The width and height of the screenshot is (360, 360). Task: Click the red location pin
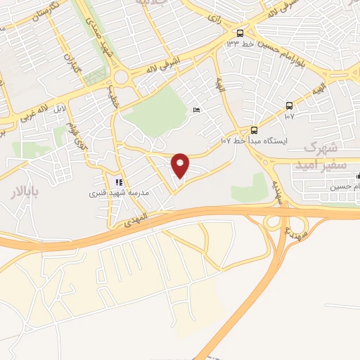coord(181,165)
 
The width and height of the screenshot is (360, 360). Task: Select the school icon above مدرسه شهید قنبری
coord(119,182)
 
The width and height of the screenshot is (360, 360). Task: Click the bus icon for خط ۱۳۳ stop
coord(240,33)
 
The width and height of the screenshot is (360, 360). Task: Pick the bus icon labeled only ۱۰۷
coord(289,105)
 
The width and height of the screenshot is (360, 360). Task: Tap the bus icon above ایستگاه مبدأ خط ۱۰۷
coord(254,130)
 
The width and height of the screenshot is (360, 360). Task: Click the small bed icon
coord(196,110)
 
